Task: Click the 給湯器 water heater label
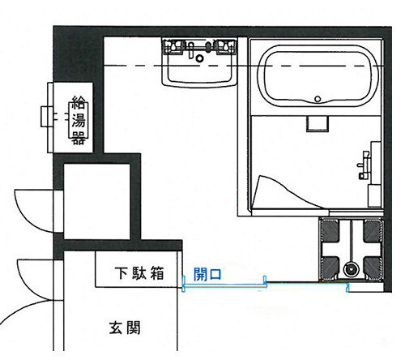(x=79, y=120)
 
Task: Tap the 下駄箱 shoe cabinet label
(x=139, y=273)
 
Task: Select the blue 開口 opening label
(x=207, y=274)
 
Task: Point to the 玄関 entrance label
(x=125, y=328)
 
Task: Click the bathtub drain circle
(x=318, y=99)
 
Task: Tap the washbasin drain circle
(x=199, y=58)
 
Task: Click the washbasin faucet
(x=191, y=49)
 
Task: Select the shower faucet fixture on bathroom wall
(x=364, y=165)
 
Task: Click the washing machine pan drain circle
(x=350, y=269)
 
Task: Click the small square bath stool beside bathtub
(x=318, y=123)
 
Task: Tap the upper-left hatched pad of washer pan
(x=330, y=231)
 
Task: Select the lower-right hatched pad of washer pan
(x=373, y=268)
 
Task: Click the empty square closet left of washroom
(x=97, y=202)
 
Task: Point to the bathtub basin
(x=318, y=76)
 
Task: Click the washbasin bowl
(x=199, y=67)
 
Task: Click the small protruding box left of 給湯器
(x=47, y=117)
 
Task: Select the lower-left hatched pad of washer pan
(x=330, y=268)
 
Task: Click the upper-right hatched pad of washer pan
(x=373, y=231)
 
